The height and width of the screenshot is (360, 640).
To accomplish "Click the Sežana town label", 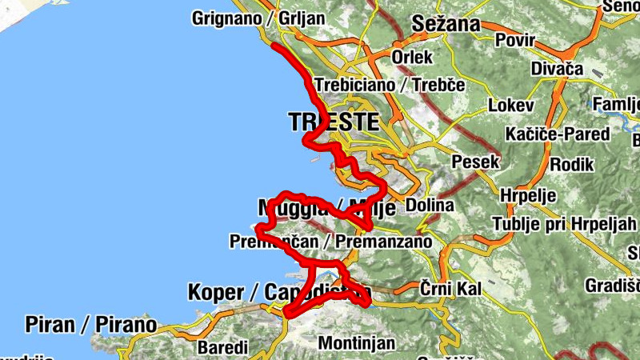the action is (445, 24).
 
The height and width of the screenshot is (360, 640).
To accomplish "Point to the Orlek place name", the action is (412, 57).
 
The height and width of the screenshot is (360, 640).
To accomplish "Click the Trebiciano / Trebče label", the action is (390, 85).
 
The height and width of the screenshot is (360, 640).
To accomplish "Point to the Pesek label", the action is (476, 162).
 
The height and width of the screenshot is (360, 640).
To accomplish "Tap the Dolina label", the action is (430, 206).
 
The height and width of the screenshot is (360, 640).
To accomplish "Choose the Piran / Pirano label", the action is (90, 324).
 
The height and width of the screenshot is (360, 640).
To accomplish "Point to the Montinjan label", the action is (357, 343).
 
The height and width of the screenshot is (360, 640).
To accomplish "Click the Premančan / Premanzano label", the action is (330, 241).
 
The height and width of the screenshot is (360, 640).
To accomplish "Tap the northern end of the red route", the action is (274, 46).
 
